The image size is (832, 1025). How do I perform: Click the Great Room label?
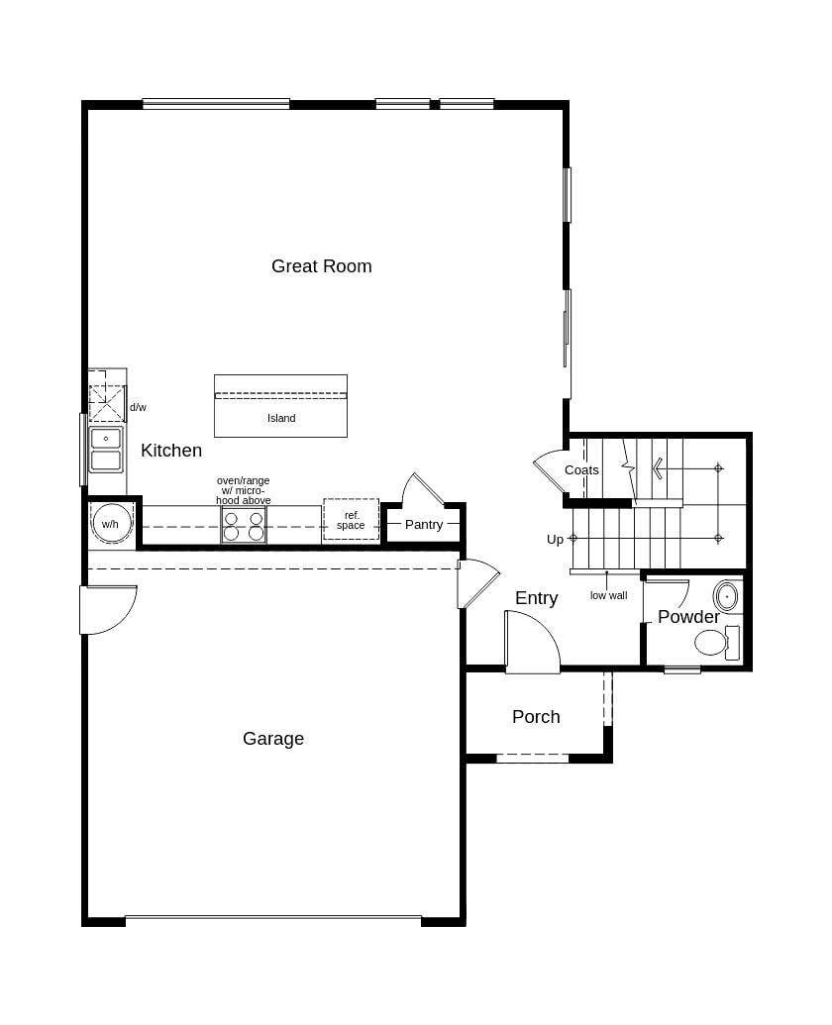click(x=321, y=265)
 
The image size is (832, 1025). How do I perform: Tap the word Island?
click(x=281, y=418)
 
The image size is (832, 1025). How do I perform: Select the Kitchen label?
click(x=171, y=451)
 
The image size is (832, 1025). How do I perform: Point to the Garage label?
click(x=273, y=739)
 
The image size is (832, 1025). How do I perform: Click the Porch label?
click(x=536, y=716)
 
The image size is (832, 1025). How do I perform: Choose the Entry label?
click(x=536, y=598)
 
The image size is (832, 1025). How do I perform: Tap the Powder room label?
click(x=688, y=617)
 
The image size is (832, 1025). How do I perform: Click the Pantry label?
click(x=424, y=524)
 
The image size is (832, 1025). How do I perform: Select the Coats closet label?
click(x=581, y=469)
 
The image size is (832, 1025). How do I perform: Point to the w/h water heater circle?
click(x=110, y=524)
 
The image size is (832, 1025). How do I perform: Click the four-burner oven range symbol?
click(x=244, y=525)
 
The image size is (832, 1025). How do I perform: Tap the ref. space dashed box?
click(x=351, y=520)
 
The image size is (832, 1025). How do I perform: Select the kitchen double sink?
click(x=106, y=449)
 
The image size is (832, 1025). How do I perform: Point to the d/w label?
click(x=138, y=407)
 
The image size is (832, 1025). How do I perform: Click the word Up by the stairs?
click(x=555, y=539)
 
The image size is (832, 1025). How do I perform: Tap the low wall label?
click(x=608, y=595)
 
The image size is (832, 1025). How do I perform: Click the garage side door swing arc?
click(x=109, y=610)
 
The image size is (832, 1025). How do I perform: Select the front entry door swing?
click(x=533, y=643)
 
